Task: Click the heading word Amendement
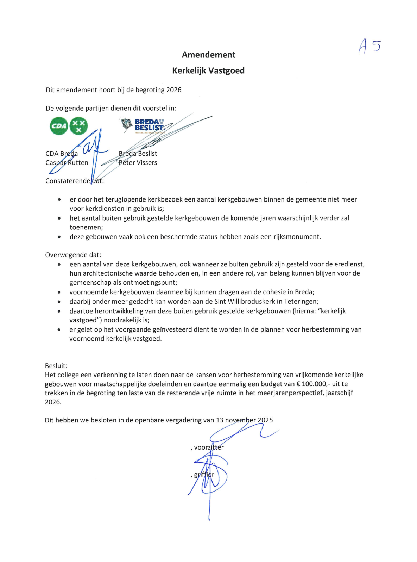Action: [x=208, y=55]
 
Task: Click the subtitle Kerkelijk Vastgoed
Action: [x=208, y=71]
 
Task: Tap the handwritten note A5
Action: [x=369, y=46]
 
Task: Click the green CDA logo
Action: [x=69, y=126]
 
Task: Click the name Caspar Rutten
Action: [x=67, y=163]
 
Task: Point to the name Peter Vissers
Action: [x=138, y=163]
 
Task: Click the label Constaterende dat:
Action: [x=75, y=181]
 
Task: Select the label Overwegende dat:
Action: [x=73, y=255]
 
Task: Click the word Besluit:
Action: [x=56, y=366]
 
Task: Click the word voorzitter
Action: [x=209, y=447]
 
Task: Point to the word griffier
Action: [x=204, y=475]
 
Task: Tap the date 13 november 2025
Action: [x=244, y=420]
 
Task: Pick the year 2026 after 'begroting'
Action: [x=174, y=90]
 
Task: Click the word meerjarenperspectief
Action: [x=292, y=393]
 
